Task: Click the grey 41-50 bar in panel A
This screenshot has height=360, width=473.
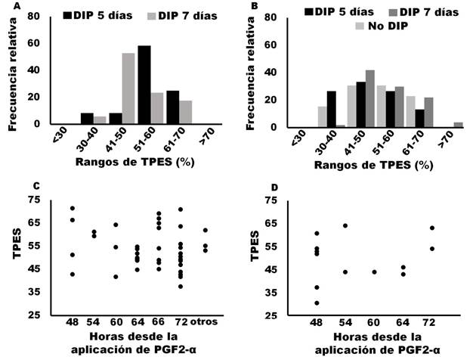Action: (128, 88)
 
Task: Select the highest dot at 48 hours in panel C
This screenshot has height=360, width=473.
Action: (73, 208)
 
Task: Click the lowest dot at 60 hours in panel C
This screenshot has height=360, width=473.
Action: (116, 277)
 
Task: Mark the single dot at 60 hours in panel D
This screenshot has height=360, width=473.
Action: (374, 272)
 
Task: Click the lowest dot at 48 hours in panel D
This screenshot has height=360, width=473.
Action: (317, 303)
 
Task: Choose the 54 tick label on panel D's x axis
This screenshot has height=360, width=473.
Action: (345, 323)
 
